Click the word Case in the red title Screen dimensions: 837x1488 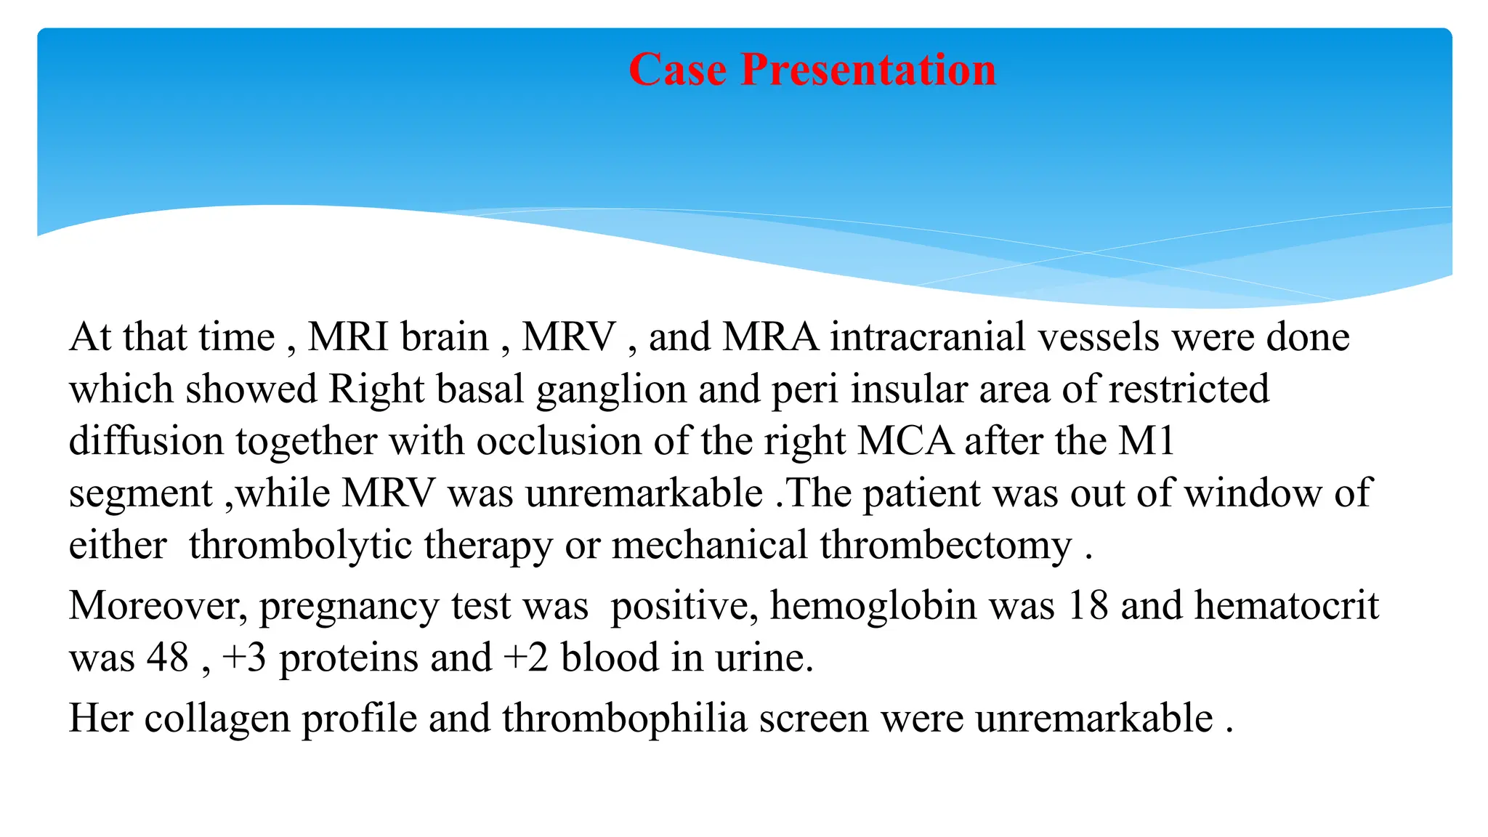(x=677, y=70)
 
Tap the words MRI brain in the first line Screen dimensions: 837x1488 (x=398, y=337)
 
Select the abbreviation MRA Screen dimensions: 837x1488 (x=770, y=337)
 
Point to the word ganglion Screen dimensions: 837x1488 (x=611, y=390)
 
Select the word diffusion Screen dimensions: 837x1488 (x=146, y=442)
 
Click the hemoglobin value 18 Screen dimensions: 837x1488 (x=1088, y=605)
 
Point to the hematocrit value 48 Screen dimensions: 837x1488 (x=168, y=658)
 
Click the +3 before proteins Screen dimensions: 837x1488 (x=244, y=658)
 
